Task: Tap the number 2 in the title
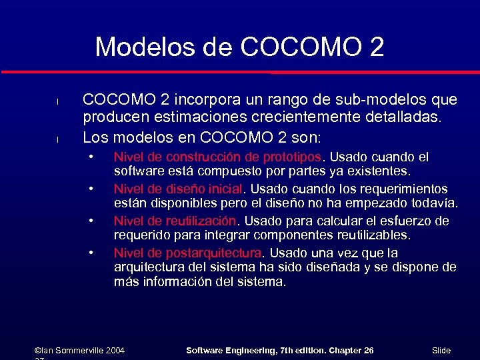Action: point(375,47)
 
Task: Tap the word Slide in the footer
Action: point(441,350)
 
